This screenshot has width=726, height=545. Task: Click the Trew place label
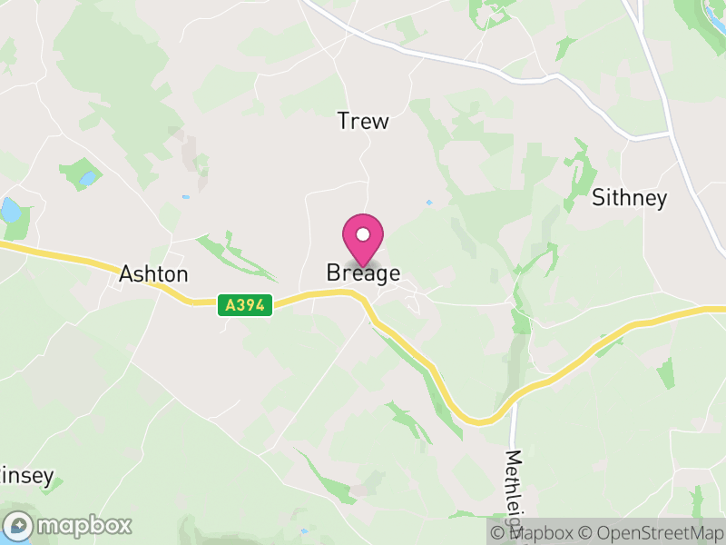363,121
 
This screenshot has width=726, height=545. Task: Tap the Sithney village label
629,198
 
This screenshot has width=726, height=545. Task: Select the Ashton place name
154,273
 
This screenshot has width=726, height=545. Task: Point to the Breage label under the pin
363,273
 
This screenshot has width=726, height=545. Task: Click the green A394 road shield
245,305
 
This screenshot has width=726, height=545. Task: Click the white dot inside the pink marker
363,235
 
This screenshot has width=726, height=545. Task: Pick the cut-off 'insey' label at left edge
27,475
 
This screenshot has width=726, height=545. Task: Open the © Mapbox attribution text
531,532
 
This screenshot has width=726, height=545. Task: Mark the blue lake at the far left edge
9,212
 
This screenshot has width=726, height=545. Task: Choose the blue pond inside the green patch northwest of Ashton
87,178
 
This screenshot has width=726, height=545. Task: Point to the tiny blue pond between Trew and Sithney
429,203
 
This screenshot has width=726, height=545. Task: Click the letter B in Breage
333,273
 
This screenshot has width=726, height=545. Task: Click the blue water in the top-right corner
712,11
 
